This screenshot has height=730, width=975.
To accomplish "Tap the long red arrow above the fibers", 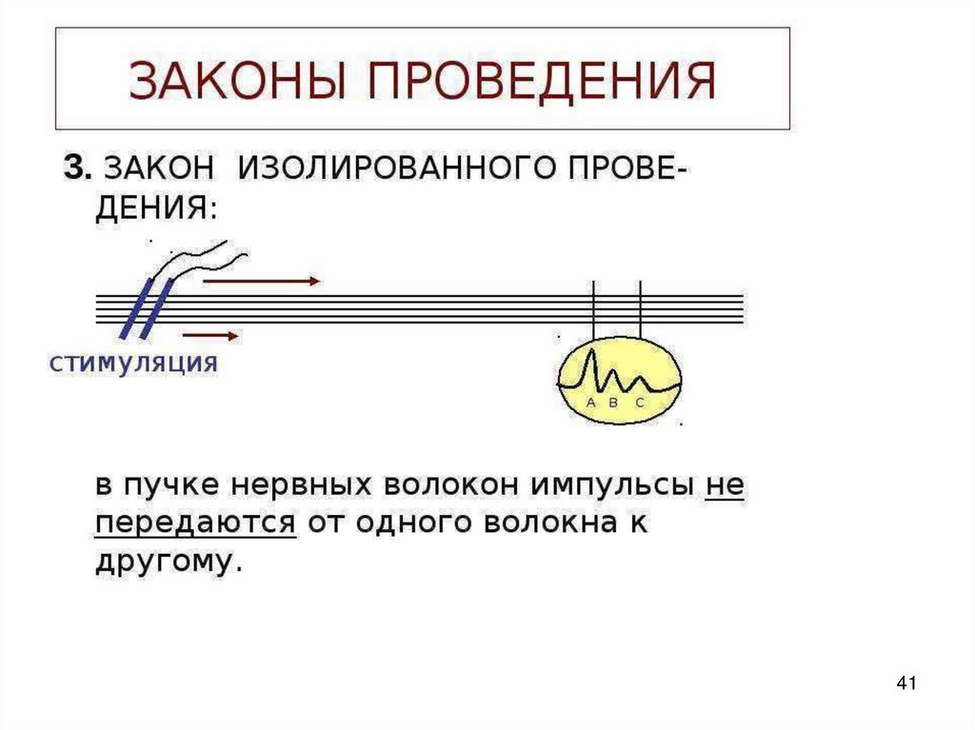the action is tap(262, 281).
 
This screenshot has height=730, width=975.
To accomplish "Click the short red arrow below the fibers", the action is tap(210, 335).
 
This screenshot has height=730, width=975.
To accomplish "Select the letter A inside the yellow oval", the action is tap(590, 404).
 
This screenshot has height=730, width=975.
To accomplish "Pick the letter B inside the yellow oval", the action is tap(614, 404).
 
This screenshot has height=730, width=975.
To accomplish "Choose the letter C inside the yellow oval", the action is tap(640, 404).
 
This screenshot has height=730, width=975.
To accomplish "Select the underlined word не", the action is tap(725, 485).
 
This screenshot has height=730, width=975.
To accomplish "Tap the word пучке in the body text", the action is tap(169, 485).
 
